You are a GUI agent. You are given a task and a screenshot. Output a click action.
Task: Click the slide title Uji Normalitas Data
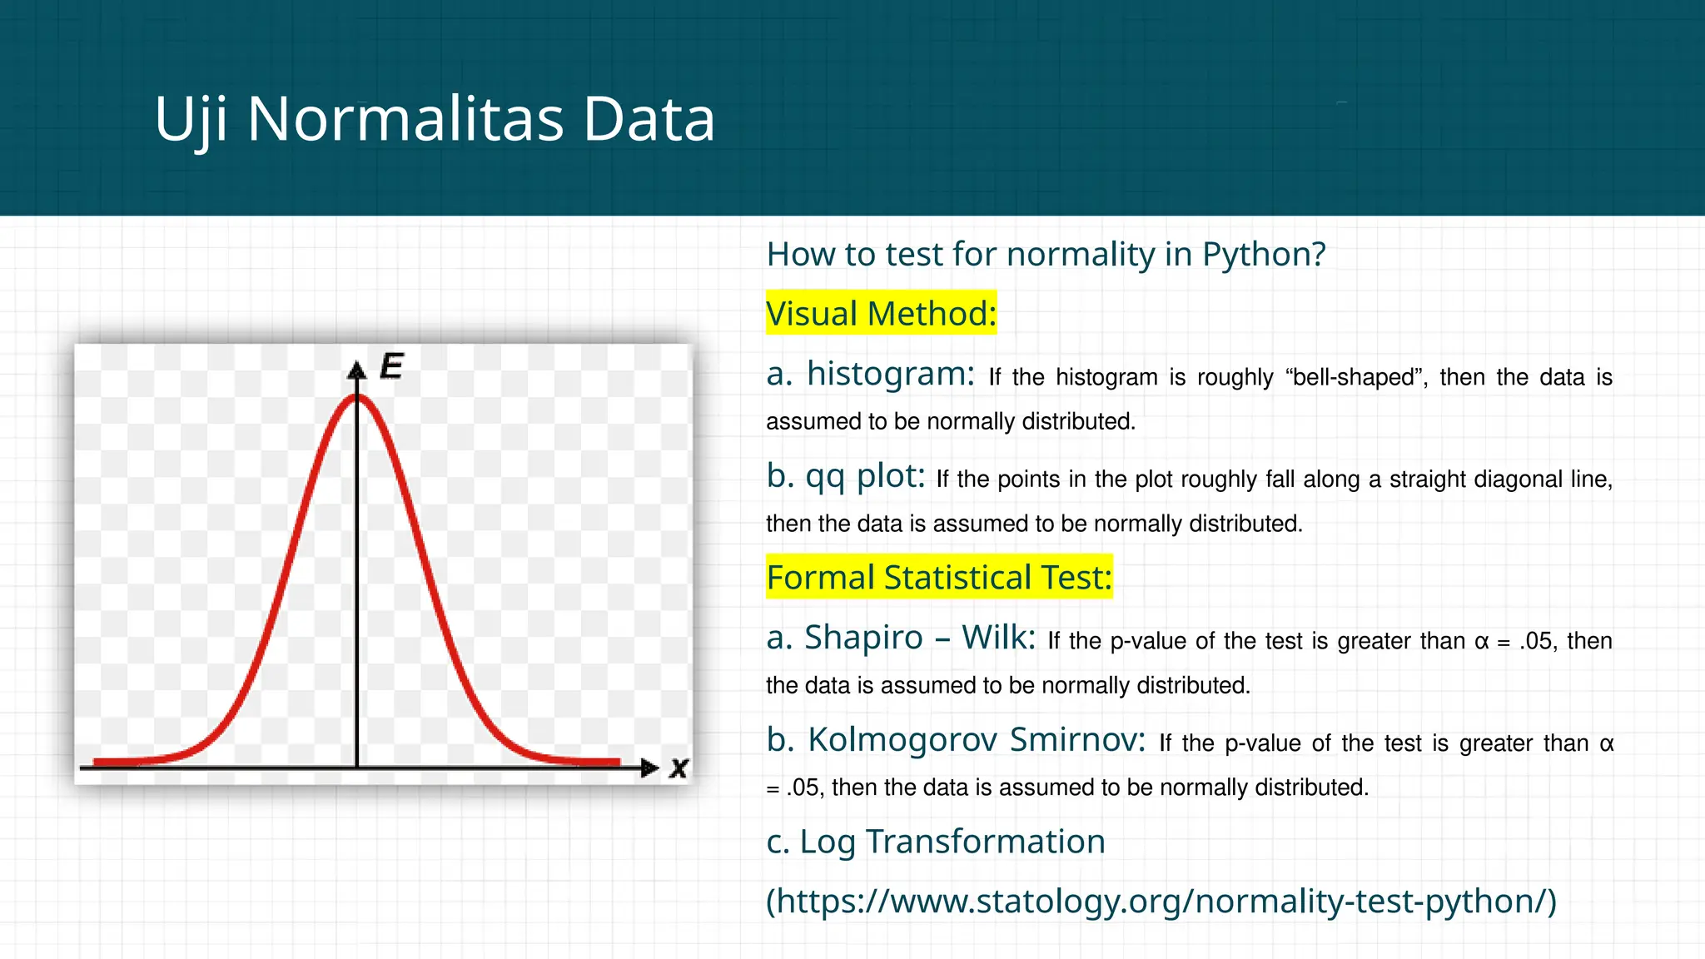[435, 119]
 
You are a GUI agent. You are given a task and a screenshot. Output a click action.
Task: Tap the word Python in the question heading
[1262, 255]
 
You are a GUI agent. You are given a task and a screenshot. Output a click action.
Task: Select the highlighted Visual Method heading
[881, 314]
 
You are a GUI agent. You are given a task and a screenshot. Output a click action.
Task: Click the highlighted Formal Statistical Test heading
[939, 578]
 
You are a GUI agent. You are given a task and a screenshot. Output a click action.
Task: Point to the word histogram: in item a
[890, 374]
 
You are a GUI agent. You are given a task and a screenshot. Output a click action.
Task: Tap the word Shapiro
[863, 638]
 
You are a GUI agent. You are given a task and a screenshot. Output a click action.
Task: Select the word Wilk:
[998, 638]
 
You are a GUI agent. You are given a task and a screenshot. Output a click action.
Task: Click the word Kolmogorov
[902, 740]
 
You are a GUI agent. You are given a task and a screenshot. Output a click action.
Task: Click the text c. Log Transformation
[936, 842]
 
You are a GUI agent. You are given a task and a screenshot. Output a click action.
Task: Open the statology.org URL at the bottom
[1161, 902]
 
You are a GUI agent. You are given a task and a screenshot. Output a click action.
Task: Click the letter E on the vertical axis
[391, 366]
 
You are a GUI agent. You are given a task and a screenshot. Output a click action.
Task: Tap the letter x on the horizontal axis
[679, 768]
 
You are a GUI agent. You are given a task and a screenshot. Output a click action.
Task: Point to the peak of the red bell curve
[357, 396]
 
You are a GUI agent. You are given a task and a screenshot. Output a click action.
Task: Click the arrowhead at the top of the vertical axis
[357, 370]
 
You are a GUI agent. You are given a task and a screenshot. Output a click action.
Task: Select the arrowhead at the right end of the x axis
[649, 768]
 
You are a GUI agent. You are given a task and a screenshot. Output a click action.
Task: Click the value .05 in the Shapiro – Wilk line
[1536, 642]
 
